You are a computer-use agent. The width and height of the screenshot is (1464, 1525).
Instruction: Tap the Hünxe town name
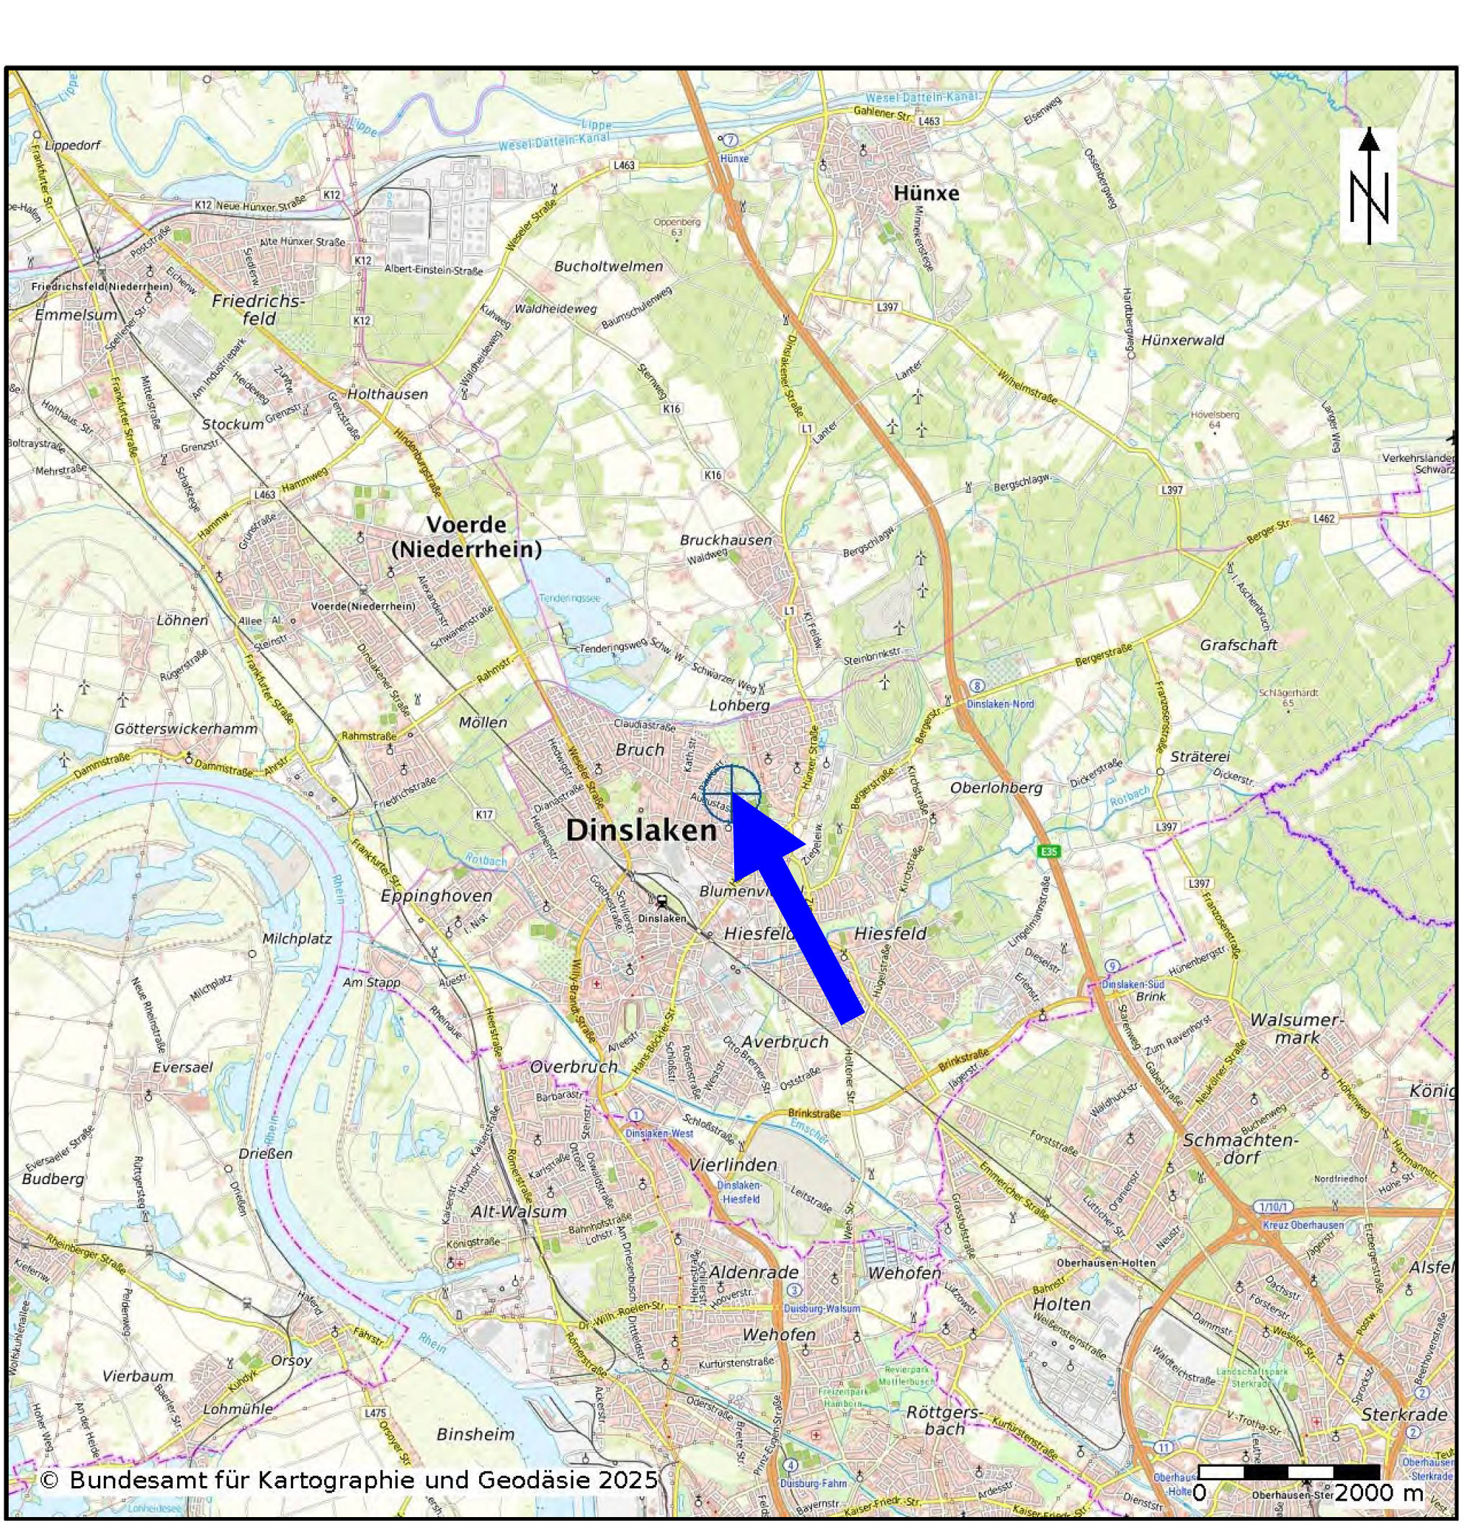pyautogui.click(x=926, y=193)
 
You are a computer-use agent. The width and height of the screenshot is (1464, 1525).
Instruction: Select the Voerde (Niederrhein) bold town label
pyautogui.click(x=465, y=537)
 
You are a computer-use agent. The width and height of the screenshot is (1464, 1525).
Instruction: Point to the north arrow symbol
pyautogui.click(x=1368, y=187)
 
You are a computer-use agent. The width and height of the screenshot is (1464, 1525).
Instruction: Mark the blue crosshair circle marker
pyautogui.click(x=731, y=793)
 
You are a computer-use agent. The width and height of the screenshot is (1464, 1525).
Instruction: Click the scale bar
pyautogui.click(x=1288, y=1472)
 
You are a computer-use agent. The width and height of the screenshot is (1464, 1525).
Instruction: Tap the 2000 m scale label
pyautogui.click(x=1378, y=1493)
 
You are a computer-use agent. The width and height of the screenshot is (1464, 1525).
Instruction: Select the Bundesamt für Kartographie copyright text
pyautogui.click(x=349, y=1480)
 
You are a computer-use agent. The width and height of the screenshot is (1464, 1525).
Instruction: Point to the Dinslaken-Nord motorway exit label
pyautogui.click(x=999, y=703)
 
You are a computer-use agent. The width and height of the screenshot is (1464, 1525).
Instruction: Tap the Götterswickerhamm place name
pyautogui.click(x=185, y=729)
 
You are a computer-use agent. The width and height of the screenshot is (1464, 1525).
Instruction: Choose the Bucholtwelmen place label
pyautogui.click(x=608, y=266)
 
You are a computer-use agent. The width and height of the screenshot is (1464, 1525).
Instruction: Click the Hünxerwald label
pyautogui.click(x=1182, y=340)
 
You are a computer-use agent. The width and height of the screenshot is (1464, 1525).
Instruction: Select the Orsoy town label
pyautogui.click(x=291, y=1361)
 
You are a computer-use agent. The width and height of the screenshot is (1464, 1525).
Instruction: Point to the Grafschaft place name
pyautogui.click(x=1238, y=645)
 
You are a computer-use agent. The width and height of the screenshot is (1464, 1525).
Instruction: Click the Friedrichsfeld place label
pyautogui.click(x=258, y=309)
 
